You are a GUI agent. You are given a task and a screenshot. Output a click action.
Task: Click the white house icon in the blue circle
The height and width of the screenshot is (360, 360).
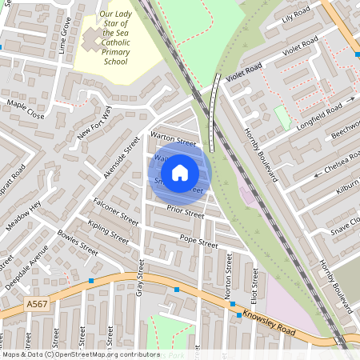pyautogui.click(x=180, y=172)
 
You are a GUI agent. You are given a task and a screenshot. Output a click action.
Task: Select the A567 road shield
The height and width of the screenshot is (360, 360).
pyautogui.click(x=36, y=305)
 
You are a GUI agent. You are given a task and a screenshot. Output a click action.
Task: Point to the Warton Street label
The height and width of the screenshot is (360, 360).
pyautogui.click(x=174, y=140)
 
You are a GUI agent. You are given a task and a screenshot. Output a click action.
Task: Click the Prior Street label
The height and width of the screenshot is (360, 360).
pyautogui.click(x=186, y=211)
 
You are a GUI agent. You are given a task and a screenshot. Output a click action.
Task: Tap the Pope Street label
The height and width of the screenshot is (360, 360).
pyautogui.click(x=198, y=240)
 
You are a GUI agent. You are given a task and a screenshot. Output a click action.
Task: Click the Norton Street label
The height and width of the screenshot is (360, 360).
pyautogui.click(x=229, y=277)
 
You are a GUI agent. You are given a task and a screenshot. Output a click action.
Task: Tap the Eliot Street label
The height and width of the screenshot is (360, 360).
pyautogui.click(x=255, y=285)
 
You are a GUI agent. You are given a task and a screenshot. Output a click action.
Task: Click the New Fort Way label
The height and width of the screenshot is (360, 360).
pyautogui.click(x=95, y=123)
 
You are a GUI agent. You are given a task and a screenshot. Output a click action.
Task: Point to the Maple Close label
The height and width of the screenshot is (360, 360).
pyautogui.click(x=26, y=110)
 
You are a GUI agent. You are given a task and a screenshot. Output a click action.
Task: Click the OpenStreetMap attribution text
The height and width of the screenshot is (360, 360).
pyautogui.click(x=80, y=354)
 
